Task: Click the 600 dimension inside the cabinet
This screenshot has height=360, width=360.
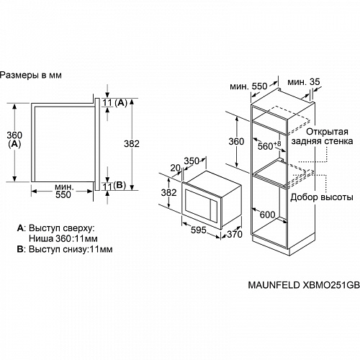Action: tap(269, 214)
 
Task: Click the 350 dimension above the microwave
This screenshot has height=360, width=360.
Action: tap(191, 161)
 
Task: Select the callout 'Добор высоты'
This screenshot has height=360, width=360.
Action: tap(321, 197)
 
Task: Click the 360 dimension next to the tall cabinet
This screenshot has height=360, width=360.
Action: tap(236, 142)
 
